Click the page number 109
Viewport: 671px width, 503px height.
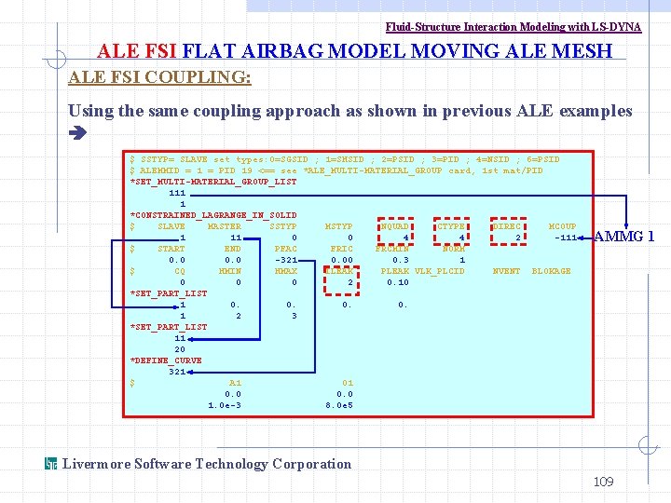604,482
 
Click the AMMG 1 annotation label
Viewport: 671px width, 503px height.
623,237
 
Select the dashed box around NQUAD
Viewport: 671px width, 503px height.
395,226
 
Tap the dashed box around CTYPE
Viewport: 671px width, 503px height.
451,226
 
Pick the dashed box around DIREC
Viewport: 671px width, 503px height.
507,226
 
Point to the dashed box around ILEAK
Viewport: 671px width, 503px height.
339,271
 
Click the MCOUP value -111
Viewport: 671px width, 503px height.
562,238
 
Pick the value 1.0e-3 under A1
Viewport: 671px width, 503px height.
225,405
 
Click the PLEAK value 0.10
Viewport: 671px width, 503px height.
397,282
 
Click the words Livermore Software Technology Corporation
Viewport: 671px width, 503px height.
207,464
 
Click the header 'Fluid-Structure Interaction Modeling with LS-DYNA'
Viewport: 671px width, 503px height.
514,27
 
